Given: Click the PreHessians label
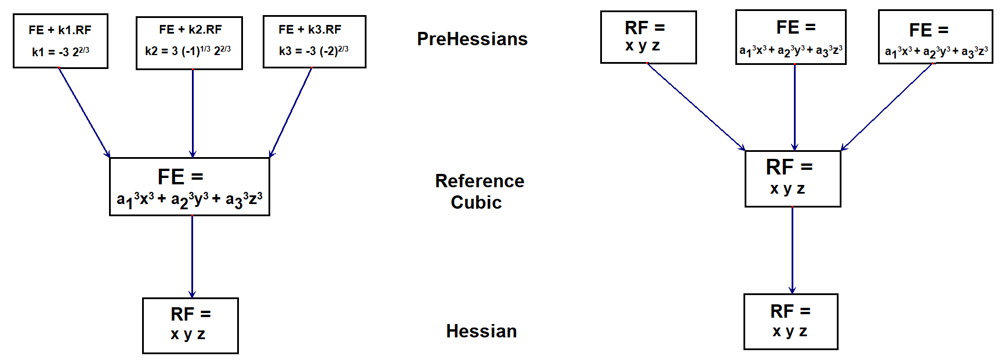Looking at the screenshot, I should pyautogui.click(x=472, y=39).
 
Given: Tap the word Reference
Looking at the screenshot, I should pyautogui.click(x=480, y=181).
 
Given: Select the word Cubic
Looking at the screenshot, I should pyautogui.click(x=476, y=202).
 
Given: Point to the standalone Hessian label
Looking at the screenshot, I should pyautogui.click(x=481, y=331).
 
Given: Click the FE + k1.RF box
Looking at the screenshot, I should pyautogui.click(x=60, y=41).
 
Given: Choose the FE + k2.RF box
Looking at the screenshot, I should pyautogui.click(x=189, y=43).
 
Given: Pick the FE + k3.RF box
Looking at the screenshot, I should pyautogui.click(x=314, y=42).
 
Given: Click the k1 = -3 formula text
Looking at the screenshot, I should pyautogui.click(x=60, y=52).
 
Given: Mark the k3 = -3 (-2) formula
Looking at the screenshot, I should pyautogui.click(x=314, y=51).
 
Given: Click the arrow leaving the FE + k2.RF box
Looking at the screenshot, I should pyautogui.click(x=193, y=113).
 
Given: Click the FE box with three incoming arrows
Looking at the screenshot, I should pyautogui.click(x=190, y=187).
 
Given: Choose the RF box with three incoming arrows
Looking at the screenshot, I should pyautogui.click(x=793, y=179).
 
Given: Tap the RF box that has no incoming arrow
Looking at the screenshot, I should pyautogui.click(x=648, y=37).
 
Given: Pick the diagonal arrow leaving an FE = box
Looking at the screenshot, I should pyautogui.click(x=887, y=107).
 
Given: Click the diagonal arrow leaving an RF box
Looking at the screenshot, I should pyautogui.click(x=696, y=107).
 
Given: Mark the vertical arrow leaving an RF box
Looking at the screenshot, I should pyautogui.click(x=792, y=250).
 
